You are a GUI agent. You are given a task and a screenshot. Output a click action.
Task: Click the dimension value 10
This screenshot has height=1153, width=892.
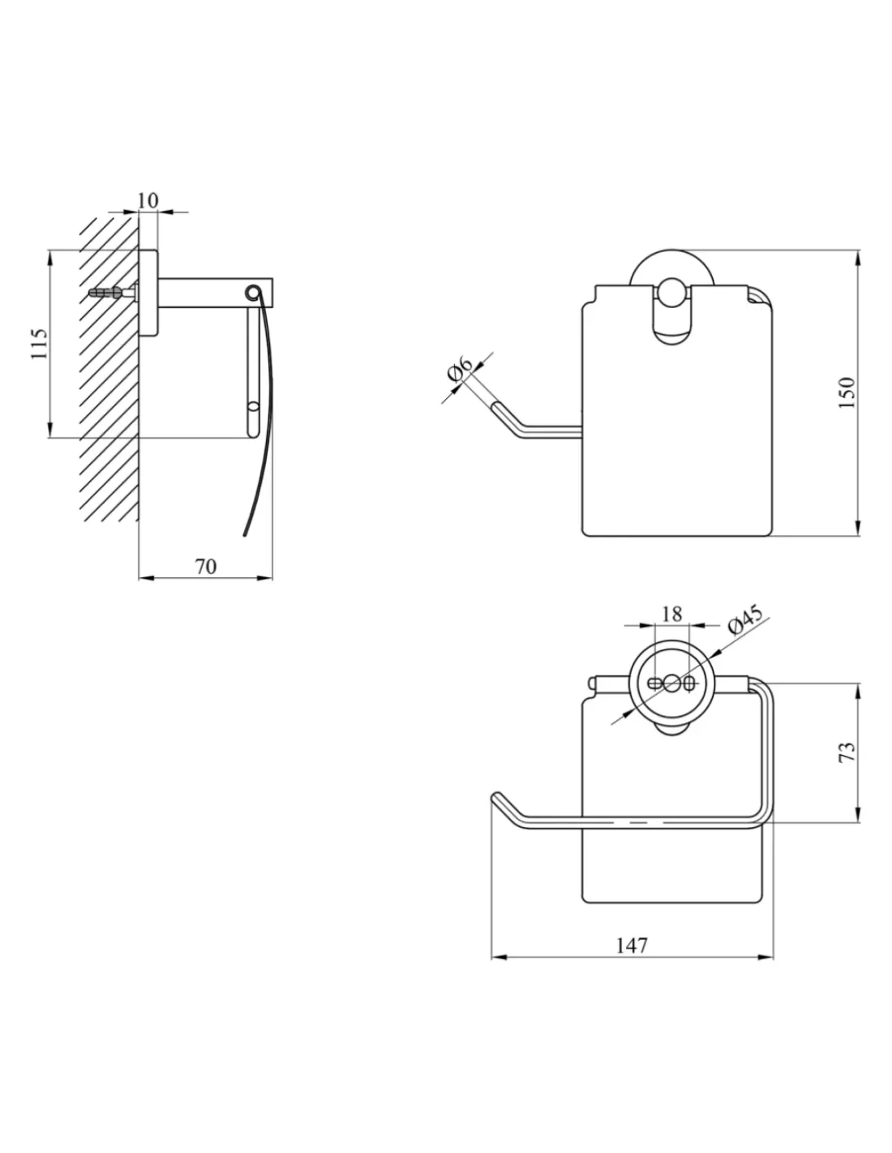148,200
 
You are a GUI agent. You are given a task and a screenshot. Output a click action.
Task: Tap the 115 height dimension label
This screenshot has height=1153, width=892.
39,344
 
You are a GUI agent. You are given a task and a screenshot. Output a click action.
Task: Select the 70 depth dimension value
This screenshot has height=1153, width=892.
207,567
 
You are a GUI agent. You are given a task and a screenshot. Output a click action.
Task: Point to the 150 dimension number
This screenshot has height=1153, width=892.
847,392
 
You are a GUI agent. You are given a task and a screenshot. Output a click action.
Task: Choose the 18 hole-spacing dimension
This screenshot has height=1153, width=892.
671,614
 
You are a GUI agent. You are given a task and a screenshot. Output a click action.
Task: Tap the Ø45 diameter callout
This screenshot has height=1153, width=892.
745,619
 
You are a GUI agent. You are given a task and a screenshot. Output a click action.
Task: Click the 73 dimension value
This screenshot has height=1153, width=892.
848,752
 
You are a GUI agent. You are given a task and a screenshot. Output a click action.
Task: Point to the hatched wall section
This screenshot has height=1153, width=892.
109,369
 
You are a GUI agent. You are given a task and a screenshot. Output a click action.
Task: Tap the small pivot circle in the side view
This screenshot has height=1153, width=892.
252,292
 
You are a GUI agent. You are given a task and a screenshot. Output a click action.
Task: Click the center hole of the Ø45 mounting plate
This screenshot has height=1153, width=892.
671,683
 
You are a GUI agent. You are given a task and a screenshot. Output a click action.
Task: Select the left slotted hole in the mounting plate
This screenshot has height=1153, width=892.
656,683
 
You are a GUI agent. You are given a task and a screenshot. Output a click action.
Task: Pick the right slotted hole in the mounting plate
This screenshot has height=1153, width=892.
688,683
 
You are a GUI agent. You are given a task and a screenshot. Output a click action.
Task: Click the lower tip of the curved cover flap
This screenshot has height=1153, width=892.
245,535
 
